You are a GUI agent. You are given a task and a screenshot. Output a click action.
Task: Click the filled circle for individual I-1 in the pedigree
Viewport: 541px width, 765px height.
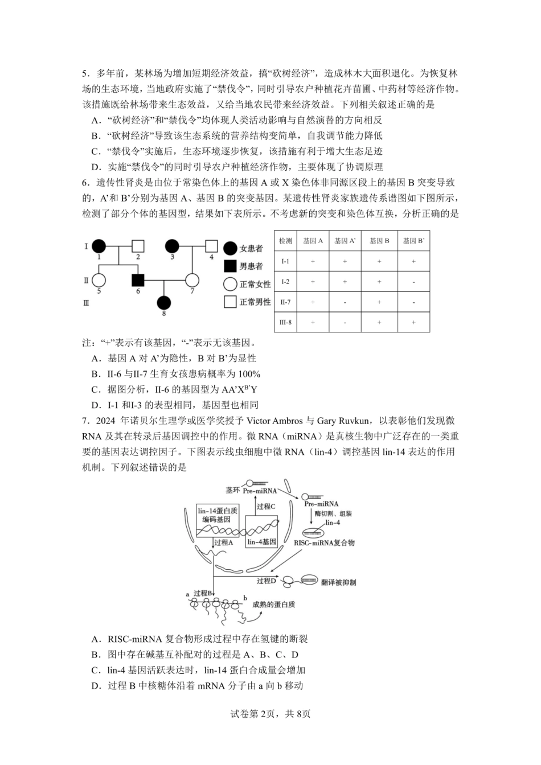tap(99, 246)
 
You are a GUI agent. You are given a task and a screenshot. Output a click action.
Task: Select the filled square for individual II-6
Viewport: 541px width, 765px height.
tap(137, 279)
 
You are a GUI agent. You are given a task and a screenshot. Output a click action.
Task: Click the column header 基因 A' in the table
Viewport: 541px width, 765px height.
tap(345, 241)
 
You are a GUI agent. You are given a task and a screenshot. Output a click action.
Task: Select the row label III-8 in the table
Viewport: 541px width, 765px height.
tap(286, 322)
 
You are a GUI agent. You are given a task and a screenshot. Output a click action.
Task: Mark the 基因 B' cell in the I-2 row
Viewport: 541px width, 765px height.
tap(413, 282)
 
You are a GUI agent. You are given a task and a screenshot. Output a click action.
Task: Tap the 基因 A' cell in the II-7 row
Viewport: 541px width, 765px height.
tap(345, 302)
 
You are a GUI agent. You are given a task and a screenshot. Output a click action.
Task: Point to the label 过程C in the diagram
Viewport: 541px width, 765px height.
tap(265, 507)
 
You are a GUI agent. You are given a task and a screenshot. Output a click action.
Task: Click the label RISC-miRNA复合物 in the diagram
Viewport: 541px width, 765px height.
tap(324, 543)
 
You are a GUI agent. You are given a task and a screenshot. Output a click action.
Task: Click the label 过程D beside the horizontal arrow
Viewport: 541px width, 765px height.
tap(266, 581)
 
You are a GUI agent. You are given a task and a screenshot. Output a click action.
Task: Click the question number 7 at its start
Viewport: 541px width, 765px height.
tap(85, 421)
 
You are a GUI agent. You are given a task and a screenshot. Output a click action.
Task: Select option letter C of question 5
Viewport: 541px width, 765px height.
tap(95, 151)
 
